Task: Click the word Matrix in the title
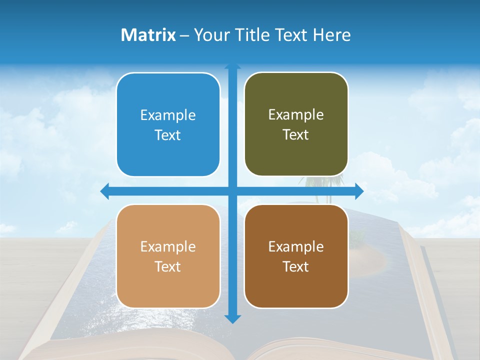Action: tap(148, 35)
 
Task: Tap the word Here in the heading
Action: tap(331, 35)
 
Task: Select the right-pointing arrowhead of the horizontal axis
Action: tap(359, 191)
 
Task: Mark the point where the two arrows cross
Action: tap(232, 191)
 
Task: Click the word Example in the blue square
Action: tap(168, 115)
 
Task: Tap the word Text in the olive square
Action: tap(296, 135)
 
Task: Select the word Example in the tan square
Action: tap(168, 247)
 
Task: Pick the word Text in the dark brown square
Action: tap(296, 267)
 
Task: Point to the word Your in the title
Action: tap(210, 35)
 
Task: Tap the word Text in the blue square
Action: tap(168, 135)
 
